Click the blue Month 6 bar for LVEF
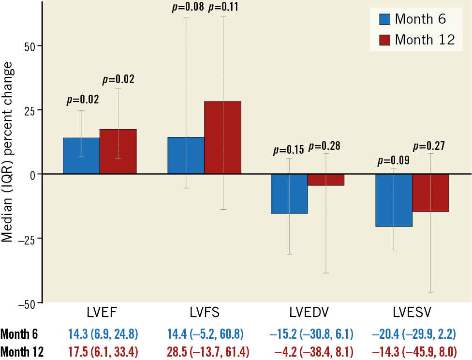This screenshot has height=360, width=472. tap(81, 156)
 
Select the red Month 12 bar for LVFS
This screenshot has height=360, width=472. tap(222, 137)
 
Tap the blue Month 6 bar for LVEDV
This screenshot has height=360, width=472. tap(289, 193)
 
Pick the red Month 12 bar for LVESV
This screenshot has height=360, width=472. tap(430, 192)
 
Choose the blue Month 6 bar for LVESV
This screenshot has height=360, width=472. tap(394, 200)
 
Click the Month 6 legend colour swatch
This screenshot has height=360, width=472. tap(384, 19)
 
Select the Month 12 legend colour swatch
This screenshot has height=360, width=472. tap(384, 40)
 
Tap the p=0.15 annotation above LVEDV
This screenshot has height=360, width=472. tap(289, 149)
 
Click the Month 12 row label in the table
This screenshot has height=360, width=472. tap(22, 351)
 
